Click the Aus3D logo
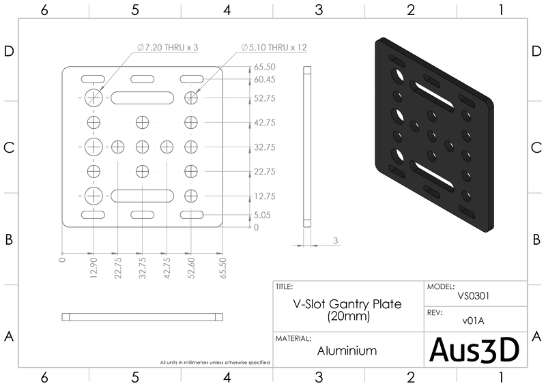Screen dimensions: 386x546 tap(475, 349)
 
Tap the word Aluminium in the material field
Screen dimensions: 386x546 tap(347, 351)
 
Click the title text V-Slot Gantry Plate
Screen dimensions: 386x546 tap(347, 303)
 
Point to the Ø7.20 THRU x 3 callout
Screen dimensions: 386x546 tap(167, 47)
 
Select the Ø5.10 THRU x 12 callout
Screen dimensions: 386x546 tap(273, 47)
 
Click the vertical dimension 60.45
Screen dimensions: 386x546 tap(264, 80)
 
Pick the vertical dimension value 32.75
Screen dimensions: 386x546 tap(264, 147)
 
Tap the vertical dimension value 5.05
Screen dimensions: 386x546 tap(262, 215)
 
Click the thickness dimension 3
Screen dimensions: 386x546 tap(336, 241)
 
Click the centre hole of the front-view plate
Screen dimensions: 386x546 tap(142, 147)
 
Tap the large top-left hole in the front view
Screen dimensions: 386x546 tap(94, 98)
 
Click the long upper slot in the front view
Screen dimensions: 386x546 tap(142, 98)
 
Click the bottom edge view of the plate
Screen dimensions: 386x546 tap(142, 316)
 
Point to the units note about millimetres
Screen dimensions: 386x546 tap(214, 361)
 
